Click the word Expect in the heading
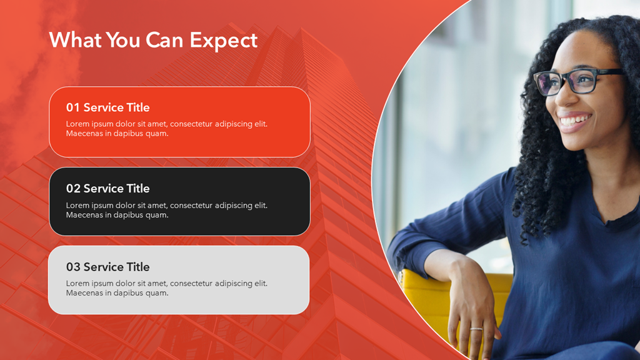click(x=224, y=41)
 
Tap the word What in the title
click(x=75, y=40)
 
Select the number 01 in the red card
click(x=73, y=107)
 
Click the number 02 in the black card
click(x=73, y=188)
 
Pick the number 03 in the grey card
click(x=73, y=266)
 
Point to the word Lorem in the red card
click(x=77, y=124)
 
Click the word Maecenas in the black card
click(x=84, y=215)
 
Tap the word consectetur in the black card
click(x=191, y=205)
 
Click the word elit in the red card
click(x=261, y=124)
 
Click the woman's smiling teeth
click(x=575, y=120)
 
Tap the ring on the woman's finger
click(x=476, y=329)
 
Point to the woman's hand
click(x=474, y=310)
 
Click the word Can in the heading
click(x=164, y=40)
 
